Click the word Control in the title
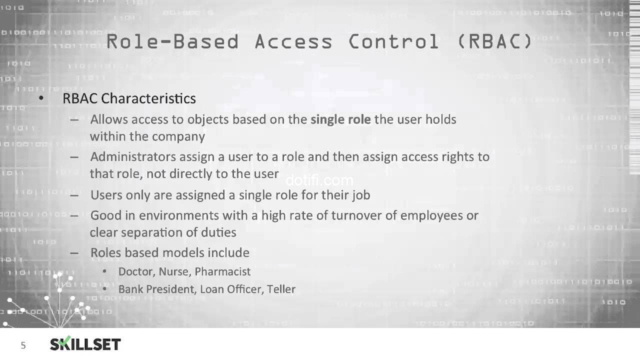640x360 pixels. point(393,41)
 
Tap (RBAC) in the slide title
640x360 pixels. point(495,41)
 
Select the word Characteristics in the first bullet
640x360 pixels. point(148,98)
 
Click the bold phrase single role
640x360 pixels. point(340,119)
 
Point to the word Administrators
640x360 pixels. point(133,157)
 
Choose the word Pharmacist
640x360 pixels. point(222,271)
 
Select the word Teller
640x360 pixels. point(281,289)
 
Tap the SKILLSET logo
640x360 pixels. point(85,343)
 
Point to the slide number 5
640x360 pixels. point(23,345)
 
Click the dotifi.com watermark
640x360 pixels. point(319,180)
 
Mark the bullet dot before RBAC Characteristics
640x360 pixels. point(41,98)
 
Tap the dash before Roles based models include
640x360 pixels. point(74,253)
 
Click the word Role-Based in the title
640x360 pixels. point(172,41)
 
